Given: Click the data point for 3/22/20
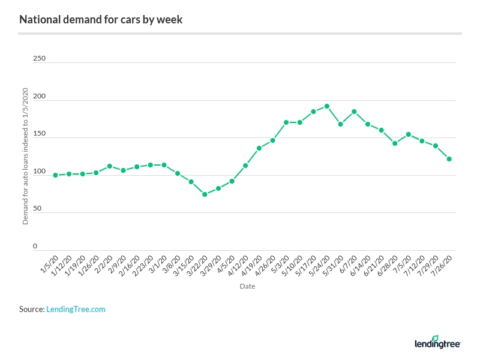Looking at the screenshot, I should point(205,194).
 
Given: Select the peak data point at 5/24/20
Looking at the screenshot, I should point(327,106).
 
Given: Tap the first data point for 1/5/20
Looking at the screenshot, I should point(55,175).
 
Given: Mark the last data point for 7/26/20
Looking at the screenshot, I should point(449,159).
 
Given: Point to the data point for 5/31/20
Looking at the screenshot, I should point(340,124).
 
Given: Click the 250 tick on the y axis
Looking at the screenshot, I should point(39,59).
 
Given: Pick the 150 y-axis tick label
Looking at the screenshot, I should point(39,134).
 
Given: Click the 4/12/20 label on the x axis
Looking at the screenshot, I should point(238,263).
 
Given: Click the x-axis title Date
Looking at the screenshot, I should point(247,286).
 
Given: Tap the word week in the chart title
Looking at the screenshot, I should point(170,20).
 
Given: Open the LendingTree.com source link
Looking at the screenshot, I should point(76,309).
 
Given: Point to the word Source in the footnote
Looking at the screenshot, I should point(31,309).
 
